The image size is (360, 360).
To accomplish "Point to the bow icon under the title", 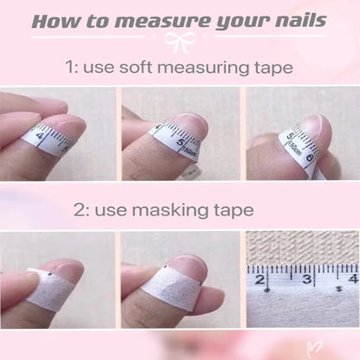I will (x=179, y=41).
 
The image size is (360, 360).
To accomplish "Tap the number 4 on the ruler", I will (x=351, y=279).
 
